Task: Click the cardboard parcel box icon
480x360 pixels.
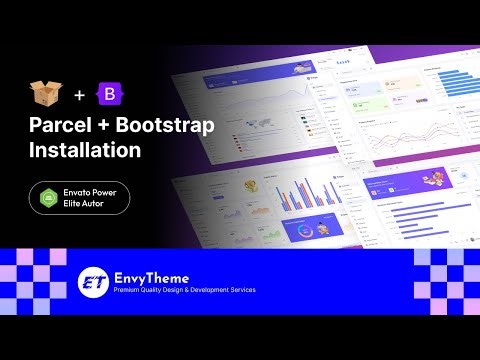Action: click(x=43, y=95)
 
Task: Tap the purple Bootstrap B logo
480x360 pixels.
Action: click(x=107, y=95)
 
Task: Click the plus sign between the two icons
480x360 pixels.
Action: click(x=78, y=96)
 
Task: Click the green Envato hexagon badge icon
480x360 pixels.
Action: click(x=48, y=197)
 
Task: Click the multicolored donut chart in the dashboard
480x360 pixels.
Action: click(x=305, y=229)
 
